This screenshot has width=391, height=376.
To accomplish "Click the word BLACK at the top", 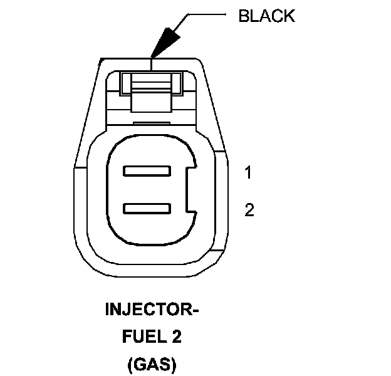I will click(266, 16).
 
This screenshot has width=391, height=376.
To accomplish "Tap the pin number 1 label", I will click(248, 173).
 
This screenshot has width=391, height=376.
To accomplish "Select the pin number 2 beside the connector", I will click(249, 210).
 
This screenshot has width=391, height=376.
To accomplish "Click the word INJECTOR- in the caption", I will click(152, 310).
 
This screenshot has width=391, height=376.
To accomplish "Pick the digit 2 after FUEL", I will click(177, 337).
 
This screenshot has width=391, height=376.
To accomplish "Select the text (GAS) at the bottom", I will click(152, 364).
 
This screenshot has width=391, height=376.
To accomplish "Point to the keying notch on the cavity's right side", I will click(192, 189).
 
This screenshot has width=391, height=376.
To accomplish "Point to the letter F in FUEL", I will click(124, 337).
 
